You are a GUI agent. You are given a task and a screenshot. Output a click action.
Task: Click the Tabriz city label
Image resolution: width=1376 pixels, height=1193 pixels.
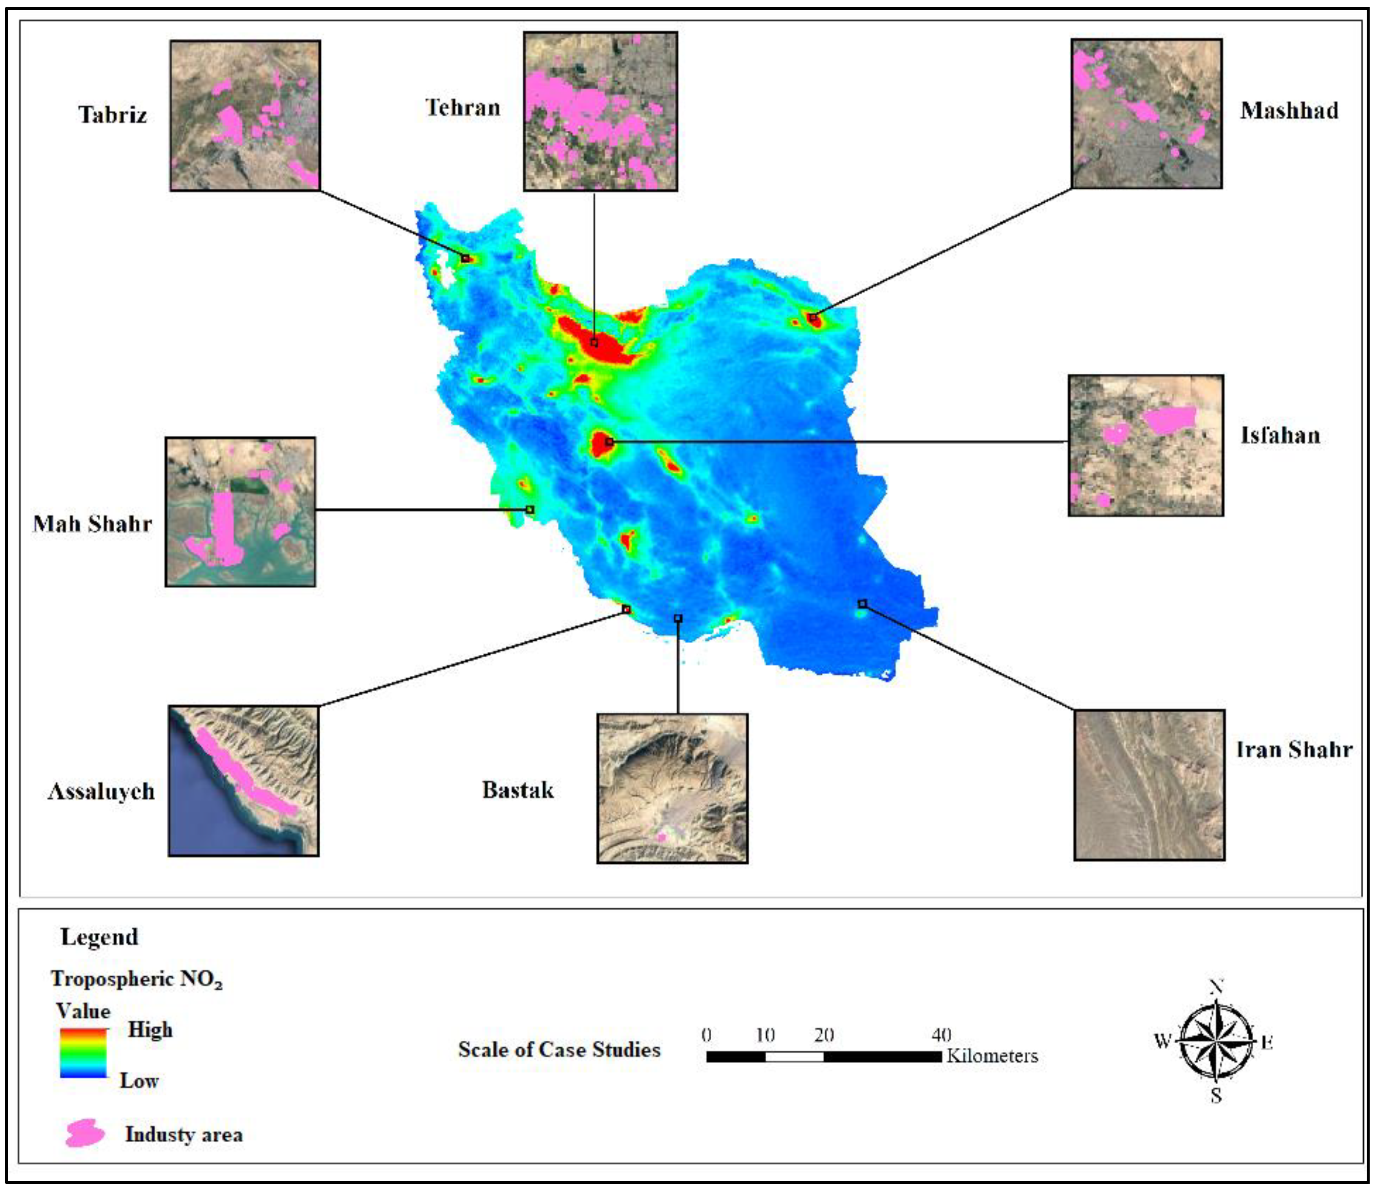(x=113, y=115)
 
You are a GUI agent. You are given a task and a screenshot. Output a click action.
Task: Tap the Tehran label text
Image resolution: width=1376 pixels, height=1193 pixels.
(x=462, y=108)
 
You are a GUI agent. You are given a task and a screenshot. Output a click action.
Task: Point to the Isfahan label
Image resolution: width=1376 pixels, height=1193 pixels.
(x=1280, y=435)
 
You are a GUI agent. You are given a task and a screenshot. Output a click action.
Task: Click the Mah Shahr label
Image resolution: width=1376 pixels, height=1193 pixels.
(x=93, y=524)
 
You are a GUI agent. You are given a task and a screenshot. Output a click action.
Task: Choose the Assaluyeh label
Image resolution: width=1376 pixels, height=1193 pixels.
(x=101, y=791)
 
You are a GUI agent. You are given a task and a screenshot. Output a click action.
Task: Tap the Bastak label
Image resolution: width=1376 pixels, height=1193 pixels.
(x=518, y=790)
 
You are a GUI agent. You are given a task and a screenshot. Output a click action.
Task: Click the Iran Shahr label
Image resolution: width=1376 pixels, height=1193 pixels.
(x=1293, y=749)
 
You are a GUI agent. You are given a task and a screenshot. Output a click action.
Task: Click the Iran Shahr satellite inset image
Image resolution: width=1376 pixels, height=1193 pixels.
(x=1149, y=785)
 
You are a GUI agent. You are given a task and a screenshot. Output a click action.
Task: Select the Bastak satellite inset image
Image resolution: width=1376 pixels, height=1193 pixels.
(x=672, y=788)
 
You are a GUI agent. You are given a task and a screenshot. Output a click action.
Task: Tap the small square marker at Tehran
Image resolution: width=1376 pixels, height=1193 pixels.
(x=594, y=343)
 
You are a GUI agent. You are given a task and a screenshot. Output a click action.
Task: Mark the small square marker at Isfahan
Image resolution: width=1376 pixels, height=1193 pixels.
(x=609, y=441)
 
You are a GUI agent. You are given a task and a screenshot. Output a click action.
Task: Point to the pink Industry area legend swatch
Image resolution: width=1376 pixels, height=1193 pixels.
(x=85, y=1132)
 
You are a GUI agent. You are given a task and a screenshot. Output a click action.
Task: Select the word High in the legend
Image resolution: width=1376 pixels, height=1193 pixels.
(x=150, y=1030)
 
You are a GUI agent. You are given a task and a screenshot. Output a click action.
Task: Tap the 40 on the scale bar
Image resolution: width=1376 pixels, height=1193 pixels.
(x=941, y=1035)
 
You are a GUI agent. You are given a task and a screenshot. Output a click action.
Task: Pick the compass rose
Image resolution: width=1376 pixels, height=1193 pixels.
(x=1216, y=1041)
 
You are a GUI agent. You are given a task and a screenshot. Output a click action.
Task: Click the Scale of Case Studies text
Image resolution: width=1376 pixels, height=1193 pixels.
(x=559, y=1050)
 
